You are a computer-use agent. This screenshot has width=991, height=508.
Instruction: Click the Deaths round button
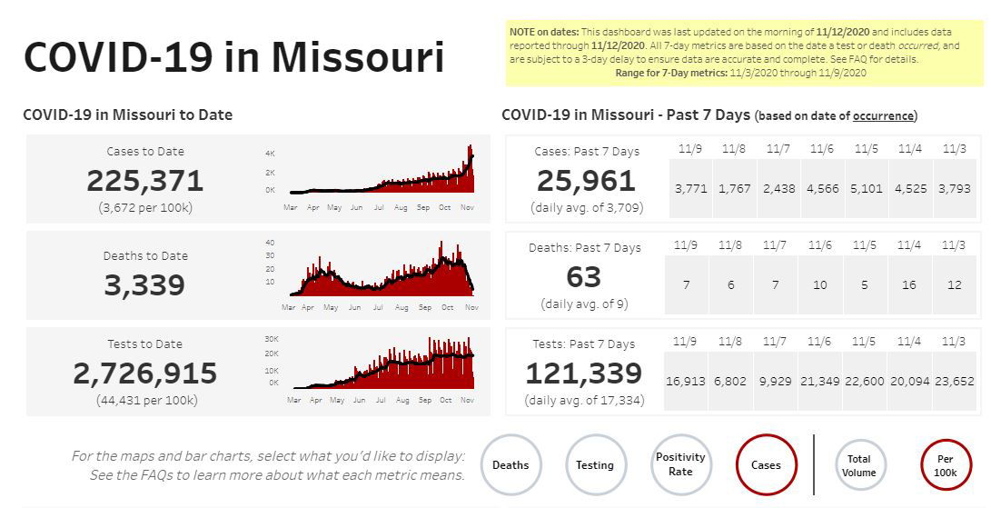click(x=510, y=465)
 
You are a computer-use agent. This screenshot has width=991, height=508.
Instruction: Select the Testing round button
click(x=595, y=465)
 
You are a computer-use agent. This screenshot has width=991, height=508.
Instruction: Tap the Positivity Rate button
click(x=680, y=464)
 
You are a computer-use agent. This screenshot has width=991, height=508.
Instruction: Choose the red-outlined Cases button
click(x=766, y=465)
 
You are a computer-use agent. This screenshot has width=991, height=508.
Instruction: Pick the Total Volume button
click(x=858, y=465)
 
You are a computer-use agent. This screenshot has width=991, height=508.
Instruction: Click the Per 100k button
click(x=946, y=465)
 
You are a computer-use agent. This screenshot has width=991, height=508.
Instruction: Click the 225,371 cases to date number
click(x=145, y=181)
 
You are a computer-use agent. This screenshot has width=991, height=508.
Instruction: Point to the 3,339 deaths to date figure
click(x=144, y=285)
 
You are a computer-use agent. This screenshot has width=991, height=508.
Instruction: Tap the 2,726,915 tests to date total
click(x=145, y=374)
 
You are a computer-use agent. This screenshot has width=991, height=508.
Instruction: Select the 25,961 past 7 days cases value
click(x=586, y=181)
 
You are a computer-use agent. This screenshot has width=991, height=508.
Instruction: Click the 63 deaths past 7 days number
click(x=585, y=276)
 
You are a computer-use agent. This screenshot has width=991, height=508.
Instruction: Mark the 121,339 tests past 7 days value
click(x=584, y=374)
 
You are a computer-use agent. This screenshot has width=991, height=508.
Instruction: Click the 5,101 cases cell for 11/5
click(x=867, y=189)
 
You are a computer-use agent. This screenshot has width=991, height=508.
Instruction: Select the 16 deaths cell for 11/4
click(x=909, y=285)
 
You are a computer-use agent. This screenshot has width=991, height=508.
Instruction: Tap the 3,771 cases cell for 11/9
click(x=691, y=189)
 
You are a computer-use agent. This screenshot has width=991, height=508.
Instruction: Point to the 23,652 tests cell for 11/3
click(x=955, y=382)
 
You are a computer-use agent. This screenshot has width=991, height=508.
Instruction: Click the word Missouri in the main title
click(x=358, y=56)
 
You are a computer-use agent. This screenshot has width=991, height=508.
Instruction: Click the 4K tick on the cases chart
click(x=270, y=153)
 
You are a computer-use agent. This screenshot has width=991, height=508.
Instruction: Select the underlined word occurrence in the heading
click(x=883, y=115)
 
